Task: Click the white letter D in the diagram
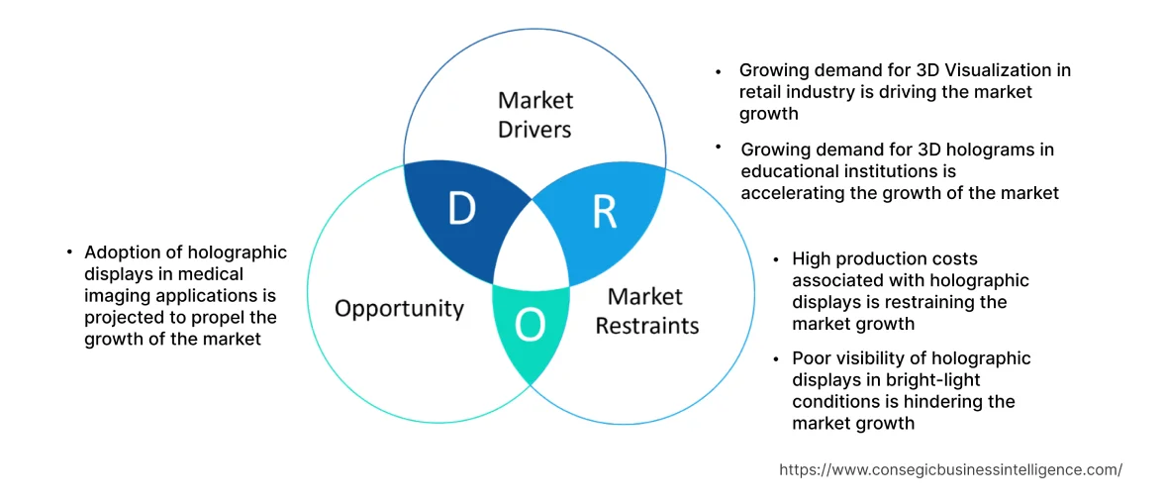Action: coord(461,210)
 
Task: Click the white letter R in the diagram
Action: coord(604,212)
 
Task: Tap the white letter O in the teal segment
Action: coord(531,324)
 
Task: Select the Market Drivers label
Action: coord(535,115)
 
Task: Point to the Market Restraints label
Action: coord(646,311)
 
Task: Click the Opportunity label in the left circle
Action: coord(399,309)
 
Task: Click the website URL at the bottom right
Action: coord(950,470)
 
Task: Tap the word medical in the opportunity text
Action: coord(211,274)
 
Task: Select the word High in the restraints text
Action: coord(812,259)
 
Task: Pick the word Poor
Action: coord(812,358)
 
